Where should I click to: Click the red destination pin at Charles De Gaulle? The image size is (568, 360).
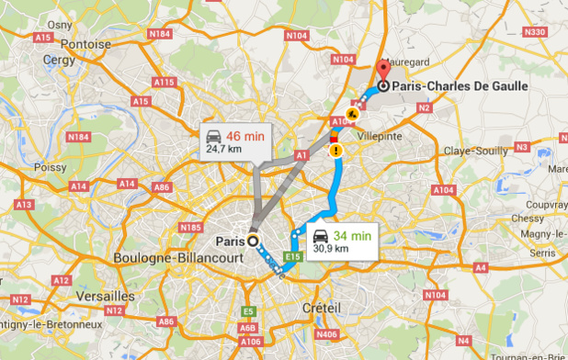pyautogui.click(x=384, y=70)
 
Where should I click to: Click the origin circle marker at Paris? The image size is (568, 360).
pyautogui.click(x=253, y=242)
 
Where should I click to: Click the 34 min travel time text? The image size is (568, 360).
pyautogui.click(x=353, y=235)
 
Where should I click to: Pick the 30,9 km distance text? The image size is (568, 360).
pyautogui.click(x=331, y=248)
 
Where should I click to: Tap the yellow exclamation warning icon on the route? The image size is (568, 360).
pyautogui.click(x=337, y=149)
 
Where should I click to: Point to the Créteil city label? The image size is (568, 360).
pyautogui.click(x=322, y=308)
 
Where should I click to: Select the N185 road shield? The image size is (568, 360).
pyautogui.click(x=191, y=226)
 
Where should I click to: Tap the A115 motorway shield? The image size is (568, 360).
pyautogui.click(x=165, y=83)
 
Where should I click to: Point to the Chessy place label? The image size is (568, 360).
pyautogui.click(x=528, y=219)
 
